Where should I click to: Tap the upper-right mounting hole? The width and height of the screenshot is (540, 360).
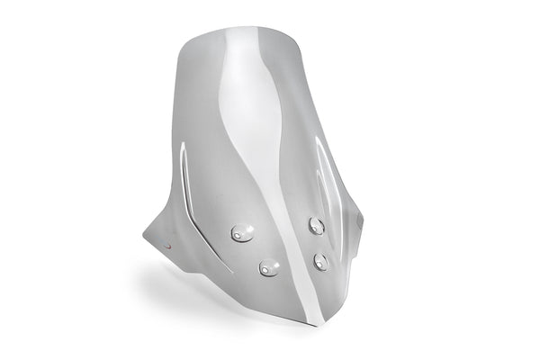317,225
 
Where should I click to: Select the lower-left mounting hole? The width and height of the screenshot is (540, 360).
268,267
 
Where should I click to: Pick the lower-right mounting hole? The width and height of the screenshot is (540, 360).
321,261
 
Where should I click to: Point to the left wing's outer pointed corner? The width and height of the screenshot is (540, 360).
144,236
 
